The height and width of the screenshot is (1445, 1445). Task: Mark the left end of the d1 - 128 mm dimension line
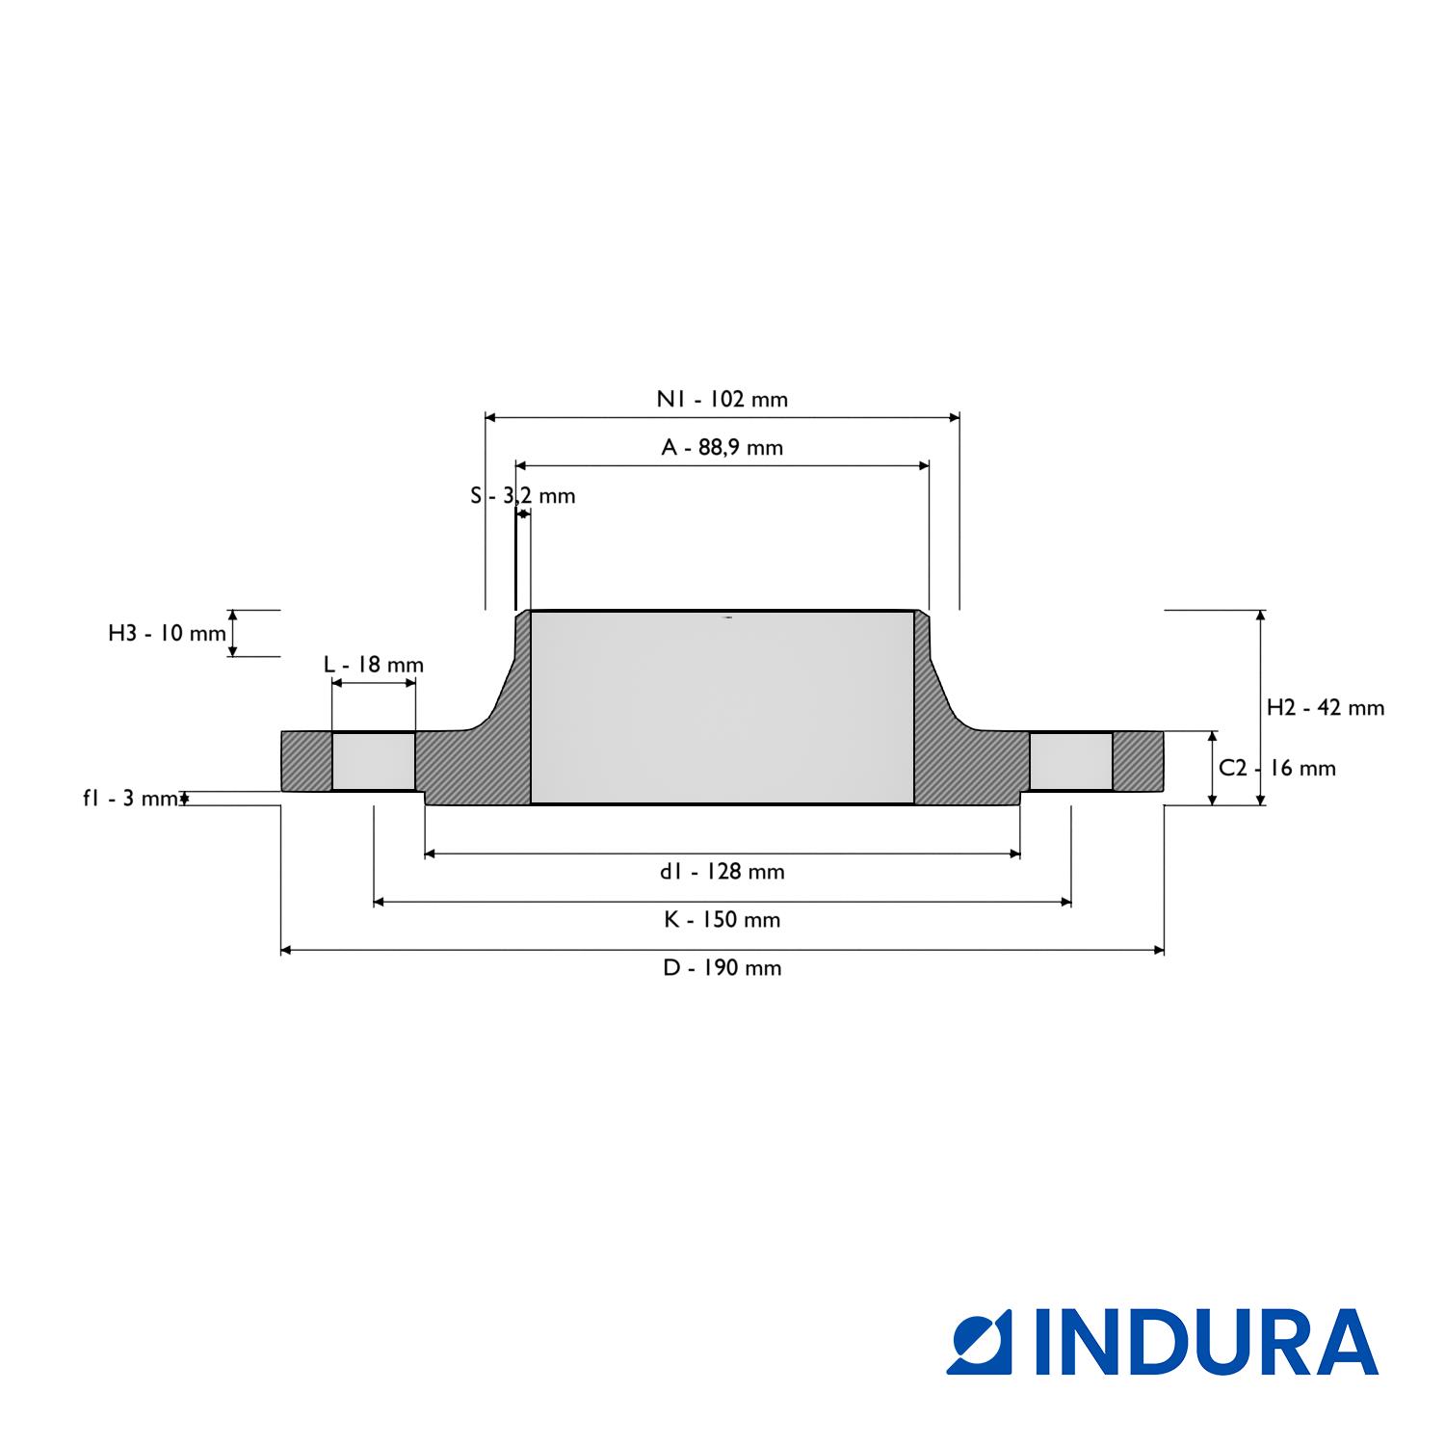click(x=425, y=854)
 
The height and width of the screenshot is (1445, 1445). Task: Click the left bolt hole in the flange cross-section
click(x=374, y=761)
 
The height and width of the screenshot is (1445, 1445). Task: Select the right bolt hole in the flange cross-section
click(x=1071, y=761)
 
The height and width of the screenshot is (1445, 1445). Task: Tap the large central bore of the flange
click(x=722, y=706)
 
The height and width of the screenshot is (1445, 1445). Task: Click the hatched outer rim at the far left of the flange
click(x=306, y=761)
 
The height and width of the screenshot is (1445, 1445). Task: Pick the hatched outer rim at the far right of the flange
click(x=1139, y=761)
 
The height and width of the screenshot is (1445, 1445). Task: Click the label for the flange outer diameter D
click(x=722, y=968)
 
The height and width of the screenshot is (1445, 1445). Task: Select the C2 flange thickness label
click(x=1277, y=768)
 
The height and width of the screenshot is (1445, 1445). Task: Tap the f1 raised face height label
click(x=131, y=798)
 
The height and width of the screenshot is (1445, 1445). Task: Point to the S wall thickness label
click(x=523, y=496)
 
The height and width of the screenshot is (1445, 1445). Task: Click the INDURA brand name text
click(x=1206, y=1341)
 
